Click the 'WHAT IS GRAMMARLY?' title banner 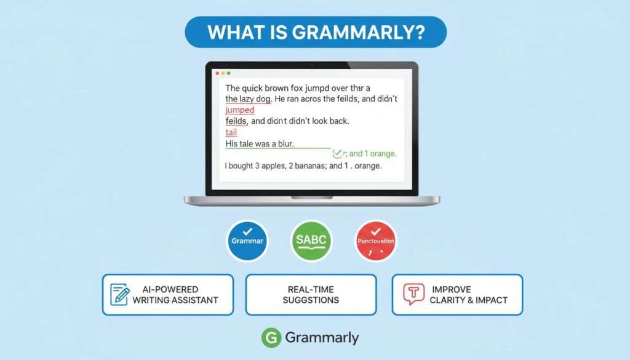tap(315, 32)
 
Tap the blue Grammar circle tap(247, 241)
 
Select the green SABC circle tap(311, 241)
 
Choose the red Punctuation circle tap(376, 241)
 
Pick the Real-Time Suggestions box tap(311, 294)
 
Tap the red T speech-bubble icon tap(413, 294)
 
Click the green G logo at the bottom tap(271, 337)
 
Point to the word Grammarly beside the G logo tap(322, 337)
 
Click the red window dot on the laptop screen tap(216, 73)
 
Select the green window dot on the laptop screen tap(229, 73)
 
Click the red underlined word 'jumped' tap(240, 110)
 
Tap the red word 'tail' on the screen tap(231, 132)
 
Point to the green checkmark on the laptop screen tap(337, 154)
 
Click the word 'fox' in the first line tap(305, 88)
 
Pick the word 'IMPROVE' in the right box tap(451, 289)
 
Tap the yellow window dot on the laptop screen tap(223, 73)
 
